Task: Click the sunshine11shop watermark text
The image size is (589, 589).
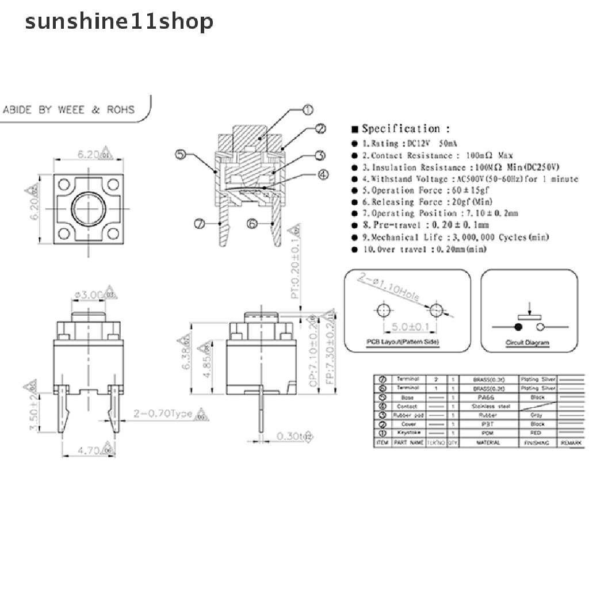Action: (x=119, y=21)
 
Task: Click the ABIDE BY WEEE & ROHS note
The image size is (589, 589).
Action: (x=69, y=109)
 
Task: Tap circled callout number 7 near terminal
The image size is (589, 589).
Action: (x=200, y=224)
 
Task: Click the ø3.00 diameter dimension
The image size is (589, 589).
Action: (x=89, y=294)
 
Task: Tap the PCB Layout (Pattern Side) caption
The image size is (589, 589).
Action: (x=403, y=343)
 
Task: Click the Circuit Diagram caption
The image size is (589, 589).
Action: (x=527, y=343)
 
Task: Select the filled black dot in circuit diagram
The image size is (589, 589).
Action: (x=518, y=327)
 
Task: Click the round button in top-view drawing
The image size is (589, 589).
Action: (x=89, y=205)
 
